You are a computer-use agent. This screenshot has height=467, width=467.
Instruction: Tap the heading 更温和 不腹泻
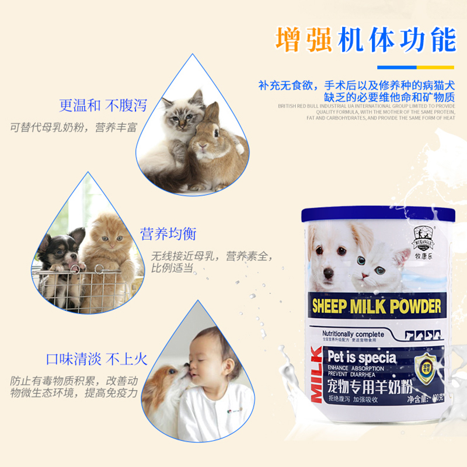click(x=103, y=106)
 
